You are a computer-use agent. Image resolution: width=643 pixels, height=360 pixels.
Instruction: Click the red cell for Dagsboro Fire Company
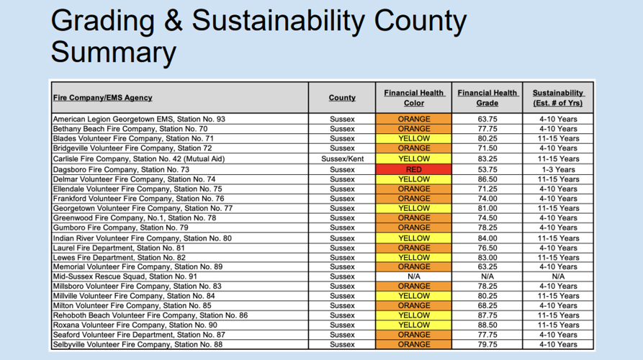[413, 170]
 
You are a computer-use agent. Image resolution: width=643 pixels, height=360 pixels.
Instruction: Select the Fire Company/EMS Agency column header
[102, 98]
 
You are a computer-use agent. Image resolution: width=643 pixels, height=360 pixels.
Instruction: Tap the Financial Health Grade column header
[487, 98]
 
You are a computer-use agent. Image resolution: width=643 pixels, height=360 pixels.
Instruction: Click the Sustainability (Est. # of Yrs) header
[558, 98]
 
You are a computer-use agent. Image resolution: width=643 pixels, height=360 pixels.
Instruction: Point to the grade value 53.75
[487, 170]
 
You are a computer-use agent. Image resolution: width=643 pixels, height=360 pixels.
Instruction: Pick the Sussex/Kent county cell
[342, 158]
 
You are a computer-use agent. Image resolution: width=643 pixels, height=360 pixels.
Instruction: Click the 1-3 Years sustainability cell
[558, 170]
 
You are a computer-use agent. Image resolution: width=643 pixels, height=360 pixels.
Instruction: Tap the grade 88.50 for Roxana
[487, 325]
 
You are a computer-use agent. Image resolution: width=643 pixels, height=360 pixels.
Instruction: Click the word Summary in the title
[113, 53]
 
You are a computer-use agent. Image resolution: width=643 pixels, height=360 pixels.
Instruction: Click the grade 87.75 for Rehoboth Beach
[487, 315]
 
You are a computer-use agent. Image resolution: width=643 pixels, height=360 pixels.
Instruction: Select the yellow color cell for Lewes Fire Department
[413, 257]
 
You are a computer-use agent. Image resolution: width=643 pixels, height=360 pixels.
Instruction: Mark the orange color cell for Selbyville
[413, 344]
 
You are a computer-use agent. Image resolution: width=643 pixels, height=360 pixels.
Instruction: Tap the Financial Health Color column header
[413, 98]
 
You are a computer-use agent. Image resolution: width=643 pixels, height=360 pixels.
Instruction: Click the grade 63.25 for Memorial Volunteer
[487, 266]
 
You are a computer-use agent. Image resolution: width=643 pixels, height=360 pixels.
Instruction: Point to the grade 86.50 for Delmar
[487, 179]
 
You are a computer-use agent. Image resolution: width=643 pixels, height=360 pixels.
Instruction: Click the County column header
[342, 98]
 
